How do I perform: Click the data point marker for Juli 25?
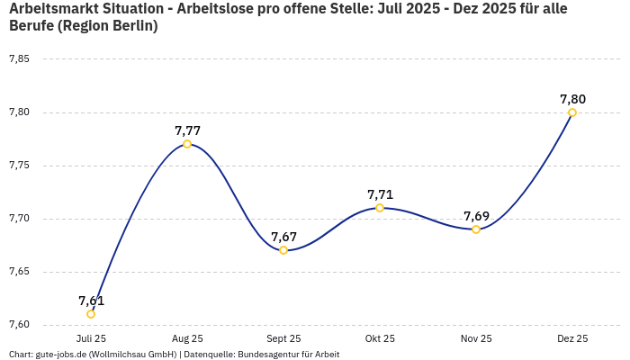coord(91,314)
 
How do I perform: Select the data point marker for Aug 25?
coord(187,144)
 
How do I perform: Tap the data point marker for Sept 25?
coord(283,250)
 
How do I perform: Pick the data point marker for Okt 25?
coord(380,208)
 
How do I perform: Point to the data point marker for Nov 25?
coord(476,229)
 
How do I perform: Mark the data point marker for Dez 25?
coord(572,112)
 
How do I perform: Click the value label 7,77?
coord(187,130)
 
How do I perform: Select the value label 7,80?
coord(572,99)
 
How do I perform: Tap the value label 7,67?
coord(283,237)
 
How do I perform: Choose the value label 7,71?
coord(380,194)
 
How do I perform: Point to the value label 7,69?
coord(476,216)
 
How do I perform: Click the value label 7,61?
coord(91,301)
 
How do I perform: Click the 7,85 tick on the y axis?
coord(19,59)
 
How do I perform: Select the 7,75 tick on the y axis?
coord(19,166)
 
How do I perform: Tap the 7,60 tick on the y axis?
coord(19,325)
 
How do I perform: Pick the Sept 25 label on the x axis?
coord(283,338)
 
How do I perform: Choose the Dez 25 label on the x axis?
coord(572,338)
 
